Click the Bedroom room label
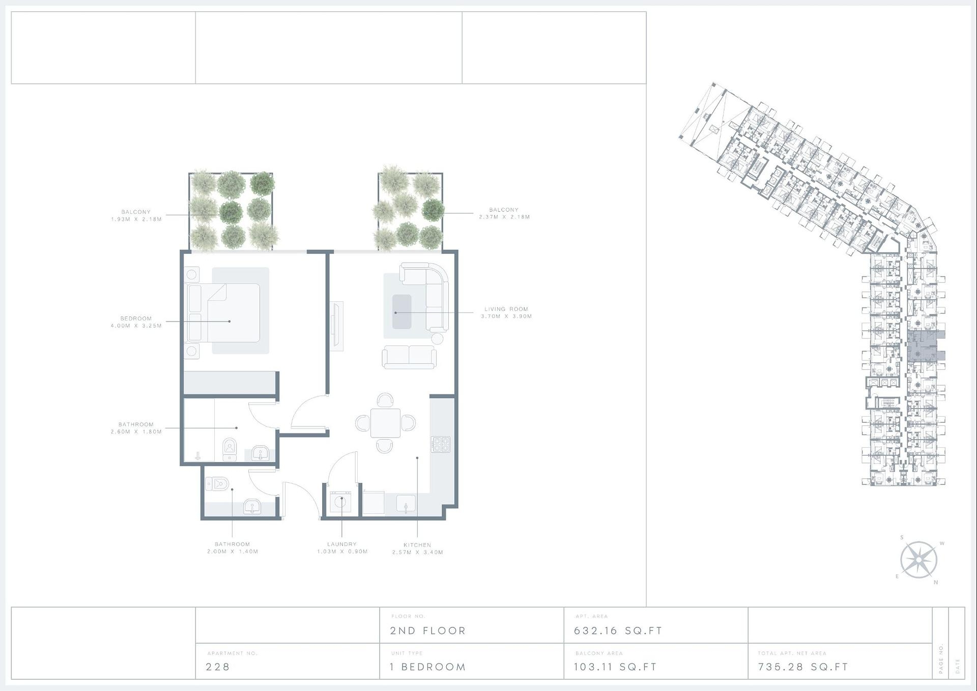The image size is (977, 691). (136, 319)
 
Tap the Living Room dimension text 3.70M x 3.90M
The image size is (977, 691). (506, 316)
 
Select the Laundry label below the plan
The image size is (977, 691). (342, 544)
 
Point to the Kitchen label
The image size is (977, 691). (417, 545)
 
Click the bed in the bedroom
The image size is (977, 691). (224, 313)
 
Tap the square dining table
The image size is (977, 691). (385, 423)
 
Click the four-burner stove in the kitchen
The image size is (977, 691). (441, 444)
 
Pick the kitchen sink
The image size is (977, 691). (406, 504)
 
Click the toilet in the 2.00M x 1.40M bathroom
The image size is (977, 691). (217, 483)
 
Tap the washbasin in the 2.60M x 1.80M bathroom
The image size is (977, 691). (261, 452)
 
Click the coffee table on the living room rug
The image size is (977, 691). (402, 312)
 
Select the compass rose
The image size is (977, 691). (919, 560)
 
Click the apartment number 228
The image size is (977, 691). (218, 667)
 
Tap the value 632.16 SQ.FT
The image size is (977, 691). (618, 631)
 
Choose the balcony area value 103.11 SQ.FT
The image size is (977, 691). (615, 667)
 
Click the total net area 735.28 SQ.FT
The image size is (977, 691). (803, 667)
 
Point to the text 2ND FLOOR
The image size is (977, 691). (428, 631)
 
